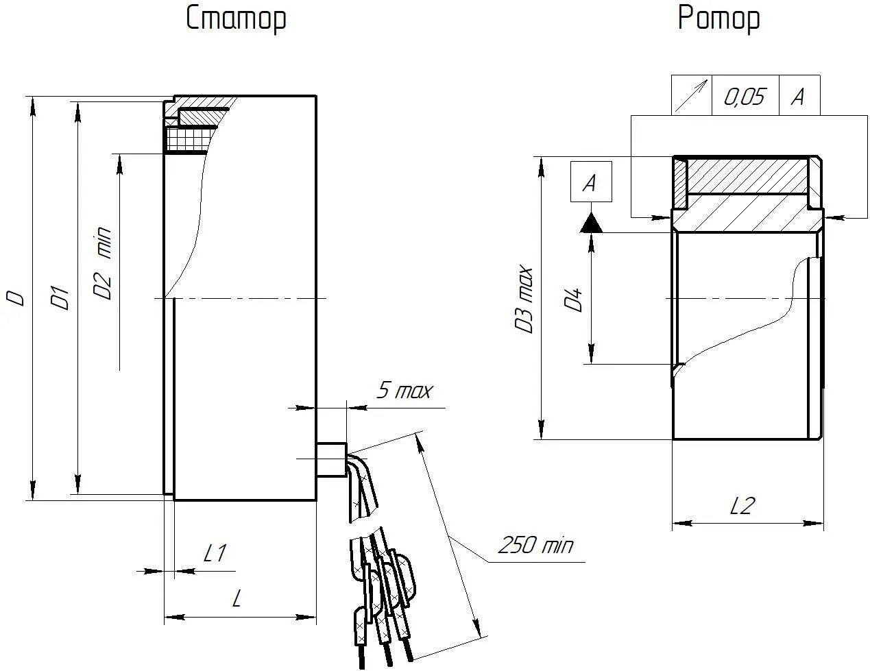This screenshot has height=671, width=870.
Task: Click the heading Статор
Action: coord(236,19)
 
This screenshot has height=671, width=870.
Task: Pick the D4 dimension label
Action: coord(573,300)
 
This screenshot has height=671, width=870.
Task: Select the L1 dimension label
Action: coord(215,553)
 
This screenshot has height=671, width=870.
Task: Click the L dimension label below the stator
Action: coord(237,600)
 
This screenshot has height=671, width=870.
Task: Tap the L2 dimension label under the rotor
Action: coord(742,507)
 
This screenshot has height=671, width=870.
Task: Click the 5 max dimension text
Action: coord(404,391)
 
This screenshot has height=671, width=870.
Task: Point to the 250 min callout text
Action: coord(535,546)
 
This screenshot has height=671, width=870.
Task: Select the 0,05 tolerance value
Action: coord(744,97)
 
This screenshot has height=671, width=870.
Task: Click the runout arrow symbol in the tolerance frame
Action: coord(691,96)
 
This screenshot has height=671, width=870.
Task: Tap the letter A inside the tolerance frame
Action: coord(798,97)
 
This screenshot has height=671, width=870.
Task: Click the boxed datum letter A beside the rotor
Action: coord(590,182)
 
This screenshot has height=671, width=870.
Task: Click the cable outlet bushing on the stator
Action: coord(332,459)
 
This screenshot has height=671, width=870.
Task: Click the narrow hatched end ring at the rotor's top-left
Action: coord(680,184)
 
